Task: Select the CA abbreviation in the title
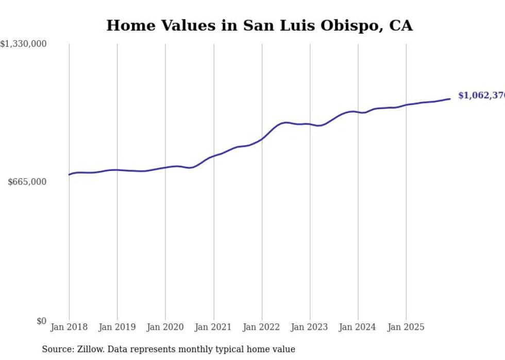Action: pos(400,25)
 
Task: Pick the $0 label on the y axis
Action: pos(41,321)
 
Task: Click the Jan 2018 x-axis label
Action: pos(69,327)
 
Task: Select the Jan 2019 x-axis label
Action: pos(117,327)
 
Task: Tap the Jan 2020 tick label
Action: pos(165,327)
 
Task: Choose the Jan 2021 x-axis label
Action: pos(213,327)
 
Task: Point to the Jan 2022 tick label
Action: pos(262,327)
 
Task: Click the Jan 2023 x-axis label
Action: pos(310,327)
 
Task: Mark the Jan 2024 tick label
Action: pos(358,327)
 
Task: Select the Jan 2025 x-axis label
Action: pos(406,327)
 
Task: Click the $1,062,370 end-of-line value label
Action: pos(481,96)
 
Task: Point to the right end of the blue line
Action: pos(450,98)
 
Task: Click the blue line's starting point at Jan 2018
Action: pos(69,175)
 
